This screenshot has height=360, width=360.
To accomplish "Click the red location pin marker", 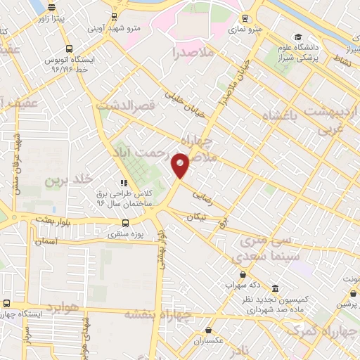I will tap(181, 165).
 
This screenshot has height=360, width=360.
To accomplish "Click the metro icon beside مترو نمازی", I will tap(244, 18).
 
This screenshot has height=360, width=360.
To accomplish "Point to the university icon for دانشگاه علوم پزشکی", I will tap(298, 37).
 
